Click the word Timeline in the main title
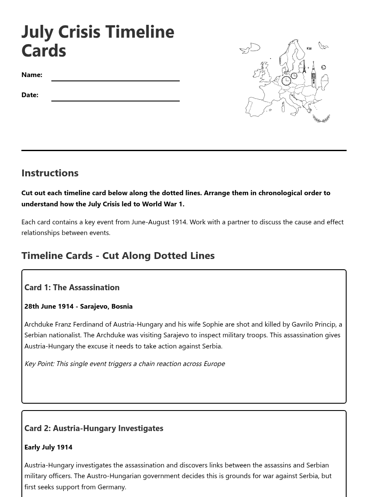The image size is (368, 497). pos(139,32)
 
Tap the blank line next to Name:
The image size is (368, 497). pos(115,77)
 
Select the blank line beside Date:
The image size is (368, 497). pos(115,97)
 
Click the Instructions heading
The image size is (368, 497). pos(50,173)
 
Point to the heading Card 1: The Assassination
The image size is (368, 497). pos(72,287)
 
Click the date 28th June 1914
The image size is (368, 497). pos(49,307)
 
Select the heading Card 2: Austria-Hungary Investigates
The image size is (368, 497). pos(94,428)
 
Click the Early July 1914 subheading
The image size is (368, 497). pos(48,447)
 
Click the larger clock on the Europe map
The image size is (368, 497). pos(286,80)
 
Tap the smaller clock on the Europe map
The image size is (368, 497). pos(294,76)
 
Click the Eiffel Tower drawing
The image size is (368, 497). pos(304,67)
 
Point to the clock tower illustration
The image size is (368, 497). pos(314,75)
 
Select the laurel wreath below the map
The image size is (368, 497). pos(321,119)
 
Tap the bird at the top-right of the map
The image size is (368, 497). pos(323,45)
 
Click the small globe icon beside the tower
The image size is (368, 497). pos(323,68)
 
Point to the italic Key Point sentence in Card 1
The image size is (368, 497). pos(125,363)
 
